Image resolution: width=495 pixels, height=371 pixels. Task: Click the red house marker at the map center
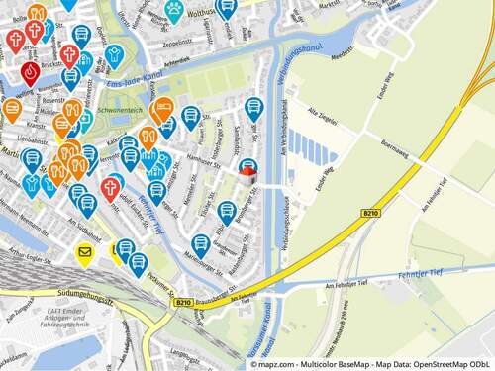[247, 175]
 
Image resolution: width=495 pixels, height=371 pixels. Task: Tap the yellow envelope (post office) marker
[84, 254]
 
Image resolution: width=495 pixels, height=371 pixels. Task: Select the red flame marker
[30, 72]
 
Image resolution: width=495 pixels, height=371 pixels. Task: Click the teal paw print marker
[174, 9]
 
